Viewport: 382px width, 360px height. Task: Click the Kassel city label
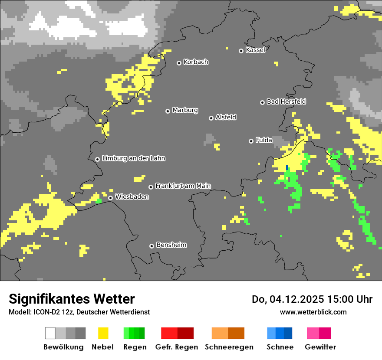[255, 50]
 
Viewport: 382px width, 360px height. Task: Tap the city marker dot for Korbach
[179, 63]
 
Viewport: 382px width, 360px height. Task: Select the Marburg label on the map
[185, 110]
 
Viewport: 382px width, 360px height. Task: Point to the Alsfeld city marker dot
[211, 118]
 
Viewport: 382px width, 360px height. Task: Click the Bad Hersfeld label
[286, 101]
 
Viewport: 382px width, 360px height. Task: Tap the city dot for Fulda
[251, 141]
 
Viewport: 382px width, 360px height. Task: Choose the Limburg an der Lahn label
[133, 158]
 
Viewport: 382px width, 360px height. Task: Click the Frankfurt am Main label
[183, 186]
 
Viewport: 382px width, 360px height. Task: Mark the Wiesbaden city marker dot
[111, 198]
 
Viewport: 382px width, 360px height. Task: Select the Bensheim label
[171, 245]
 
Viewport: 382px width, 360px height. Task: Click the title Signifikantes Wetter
[72, 299]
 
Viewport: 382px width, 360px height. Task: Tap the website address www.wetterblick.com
[313, 312]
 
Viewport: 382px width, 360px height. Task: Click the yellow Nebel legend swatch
[103, 333]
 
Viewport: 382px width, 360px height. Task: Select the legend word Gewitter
[320, 347]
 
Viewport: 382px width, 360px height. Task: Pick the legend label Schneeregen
[229, 347]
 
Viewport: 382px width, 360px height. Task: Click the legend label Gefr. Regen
[177, 347]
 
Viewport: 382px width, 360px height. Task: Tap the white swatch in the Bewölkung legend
[50, 333]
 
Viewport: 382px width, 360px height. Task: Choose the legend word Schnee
[280, 347]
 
